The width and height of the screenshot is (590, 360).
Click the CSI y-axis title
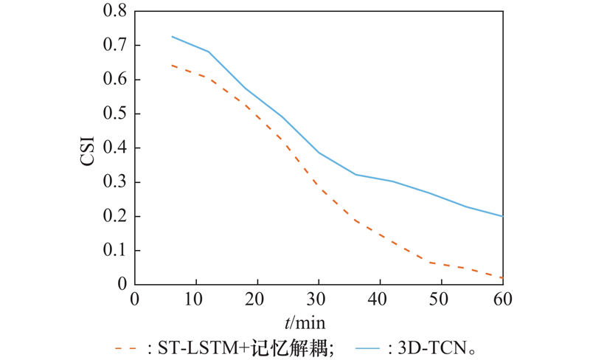(x=88, y=148)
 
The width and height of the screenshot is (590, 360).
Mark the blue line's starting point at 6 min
(x=172, y=36)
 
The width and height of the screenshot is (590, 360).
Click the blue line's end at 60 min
(x=502, y=216)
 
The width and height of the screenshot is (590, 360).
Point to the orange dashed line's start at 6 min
(x=172, y=65)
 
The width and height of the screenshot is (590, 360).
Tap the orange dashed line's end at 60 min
(x=502, y=277)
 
